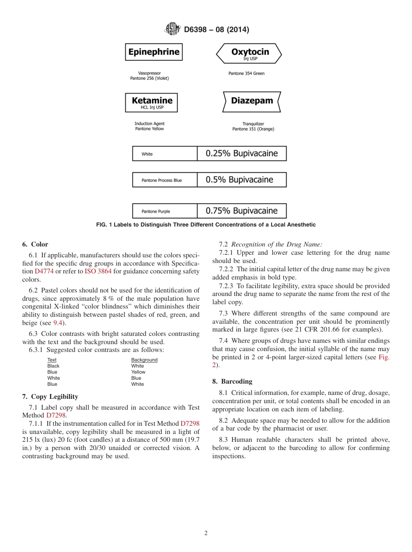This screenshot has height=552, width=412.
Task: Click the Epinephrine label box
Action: pos(154,52)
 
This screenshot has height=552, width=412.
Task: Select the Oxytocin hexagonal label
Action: pos(249,53)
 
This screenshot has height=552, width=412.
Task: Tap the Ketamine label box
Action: pos(151,102)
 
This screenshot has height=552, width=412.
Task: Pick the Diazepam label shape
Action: pos(252,102)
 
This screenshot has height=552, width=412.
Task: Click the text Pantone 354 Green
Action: pos(246,73)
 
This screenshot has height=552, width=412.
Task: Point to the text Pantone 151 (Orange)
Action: pos(253,129)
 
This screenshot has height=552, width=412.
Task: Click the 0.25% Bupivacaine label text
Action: pos(242,154)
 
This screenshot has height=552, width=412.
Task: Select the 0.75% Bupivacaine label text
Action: pos(242,211)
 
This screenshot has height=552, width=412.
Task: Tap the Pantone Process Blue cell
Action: pos(164,180)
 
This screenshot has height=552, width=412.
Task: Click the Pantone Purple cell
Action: pos(164,211)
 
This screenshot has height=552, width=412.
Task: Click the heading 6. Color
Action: pos(35,244)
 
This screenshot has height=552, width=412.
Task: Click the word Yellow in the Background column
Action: pos(138,372)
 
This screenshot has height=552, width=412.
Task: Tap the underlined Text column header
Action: pos(52,360)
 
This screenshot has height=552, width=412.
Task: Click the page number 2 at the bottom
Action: pos(206,533)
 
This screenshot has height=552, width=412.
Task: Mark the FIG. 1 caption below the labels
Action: pos(206,225)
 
